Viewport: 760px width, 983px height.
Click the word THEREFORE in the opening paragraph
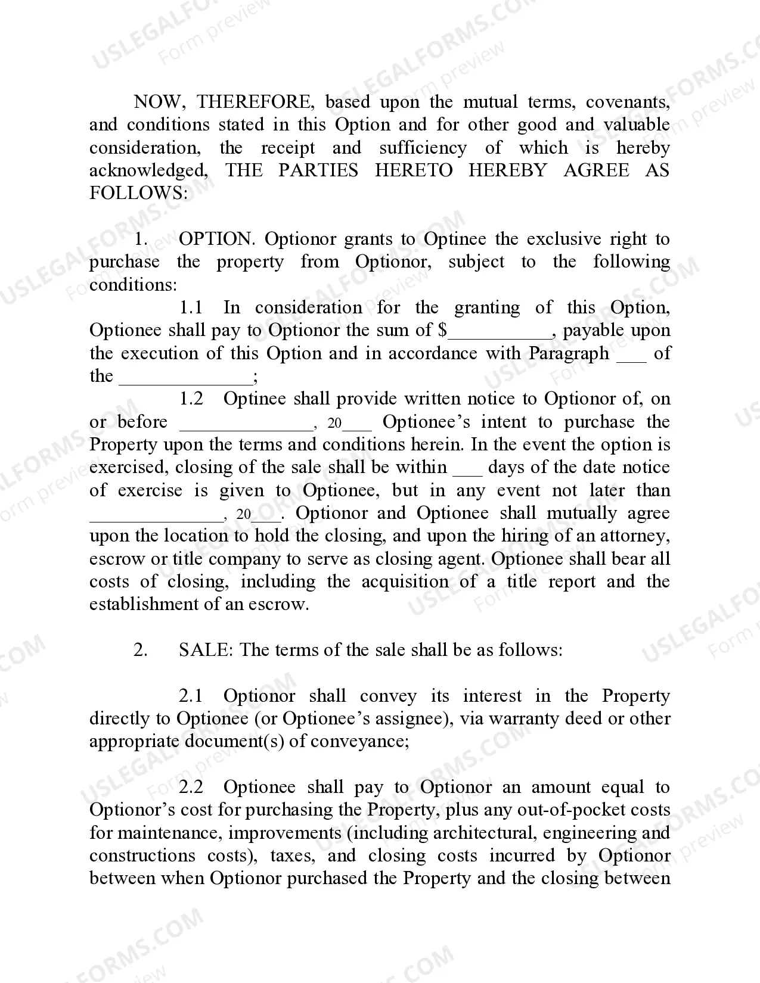tap(255, 102)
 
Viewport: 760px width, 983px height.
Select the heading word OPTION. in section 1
tap(217, 239)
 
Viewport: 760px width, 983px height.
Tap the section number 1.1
tap(191, 307)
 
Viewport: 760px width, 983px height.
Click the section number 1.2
tap(191, 399)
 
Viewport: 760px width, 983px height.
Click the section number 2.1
tap(191, 696)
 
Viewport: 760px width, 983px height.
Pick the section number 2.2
tap(191, 787)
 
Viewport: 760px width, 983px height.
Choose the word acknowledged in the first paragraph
tap(148, 170)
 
